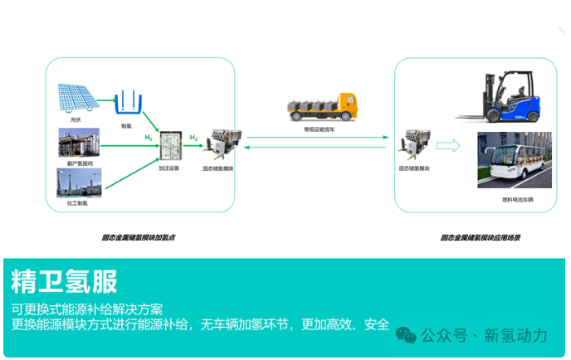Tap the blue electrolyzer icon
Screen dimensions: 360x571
click(x=125, y=102)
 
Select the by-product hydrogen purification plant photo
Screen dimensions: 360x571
click(x=79, y=143)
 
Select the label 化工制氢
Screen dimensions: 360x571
click(x=77, y=203)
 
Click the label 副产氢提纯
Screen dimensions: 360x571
click(x=77, y=163)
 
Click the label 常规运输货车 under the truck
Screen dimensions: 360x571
click(x=320, y=129)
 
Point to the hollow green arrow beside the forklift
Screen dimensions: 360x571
click(x=448, y=146)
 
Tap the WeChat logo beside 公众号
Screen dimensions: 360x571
click(x=407, y=335)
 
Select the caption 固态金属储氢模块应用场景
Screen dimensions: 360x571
click(x=480, y=238)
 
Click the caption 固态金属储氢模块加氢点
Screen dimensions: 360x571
click(x=138, y=238)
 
